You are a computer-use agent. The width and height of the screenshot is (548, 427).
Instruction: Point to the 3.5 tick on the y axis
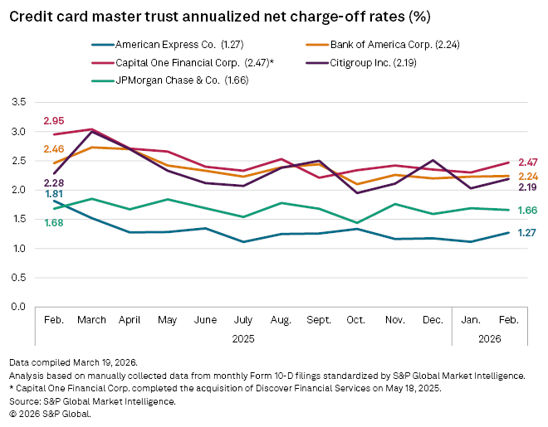coord(17,102)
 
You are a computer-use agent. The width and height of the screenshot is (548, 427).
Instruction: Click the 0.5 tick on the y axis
coord(17,278)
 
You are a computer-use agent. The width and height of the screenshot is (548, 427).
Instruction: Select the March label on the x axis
coord(92,318)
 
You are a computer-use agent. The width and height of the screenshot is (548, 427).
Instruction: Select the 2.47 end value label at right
coord(528,163)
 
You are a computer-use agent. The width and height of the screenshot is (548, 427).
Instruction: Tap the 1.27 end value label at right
coord(528,233)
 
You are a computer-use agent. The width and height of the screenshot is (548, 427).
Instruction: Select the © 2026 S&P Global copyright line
coord(50,413)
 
